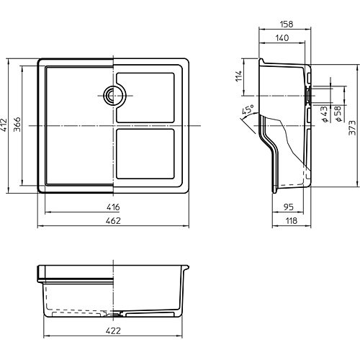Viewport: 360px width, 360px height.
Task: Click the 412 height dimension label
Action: coord(4,125)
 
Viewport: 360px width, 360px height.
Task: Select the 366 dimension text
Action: coord(17,125)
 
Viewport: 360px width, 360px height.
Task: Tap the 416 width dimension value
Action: coord(113,207)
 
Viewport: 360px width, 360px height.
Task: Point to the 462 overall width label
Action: coord(113,221)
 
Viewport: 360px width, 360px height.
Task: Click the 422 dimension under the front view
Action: coord(113,330)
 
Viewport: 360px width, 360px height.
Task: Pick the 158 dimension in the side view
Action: coord(287,24)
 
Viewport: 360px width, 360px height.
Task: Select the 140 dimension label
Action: coord(282,38)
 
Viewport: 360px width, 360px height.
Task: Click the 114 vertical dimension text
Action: coord(239,76)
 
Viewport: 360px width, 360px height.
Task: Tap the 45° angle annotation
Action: coord(248,109)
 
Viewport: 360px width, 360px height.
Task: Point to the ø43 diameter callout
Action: coord(324,114)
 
